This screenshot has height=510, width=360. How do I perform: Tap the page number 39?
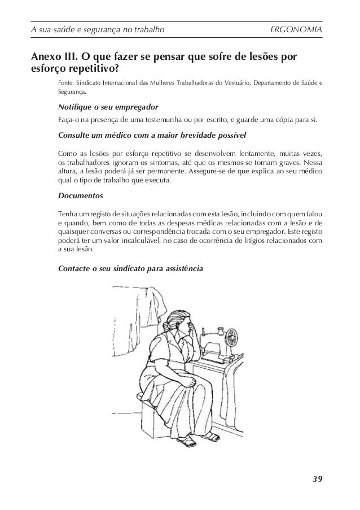317,480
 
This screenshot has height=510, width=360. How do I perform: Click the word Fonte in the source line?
66,84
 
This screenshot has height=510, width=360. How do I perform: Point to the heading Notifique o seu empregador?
108,107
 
